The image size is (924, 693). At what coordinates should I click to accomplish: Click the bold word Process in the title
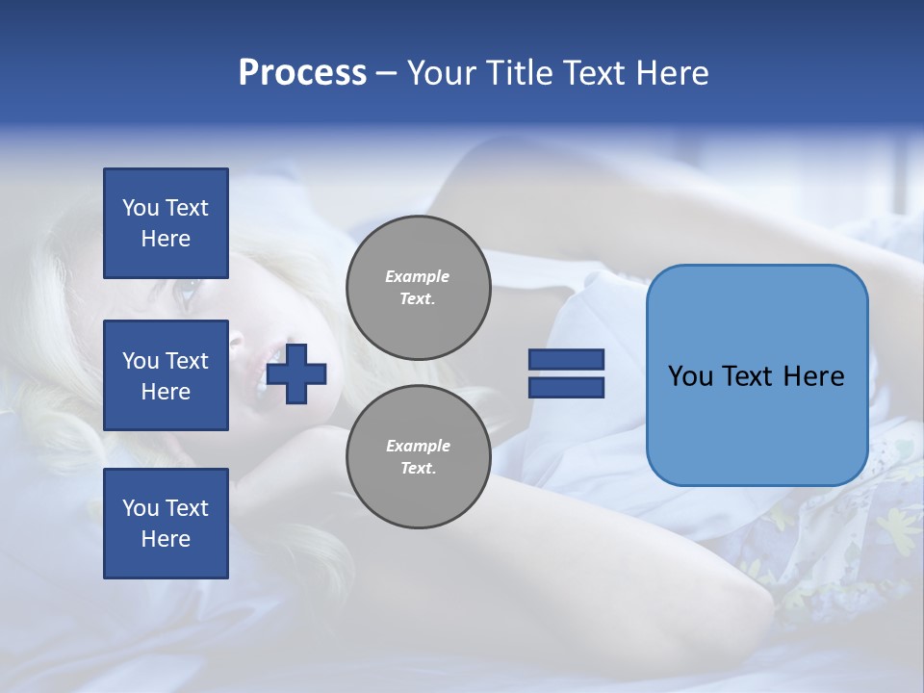[302, 73]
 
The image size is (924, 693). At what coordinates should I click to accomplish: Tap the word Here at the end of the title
[673, 73]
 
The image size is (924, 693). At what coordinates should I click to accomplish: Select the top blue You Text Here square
[166, 223]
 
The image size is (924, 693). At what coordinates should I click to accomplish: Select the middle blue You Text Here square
[166, 375]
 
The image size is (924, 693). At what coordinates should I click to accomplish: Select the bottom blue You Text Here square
[166, 524]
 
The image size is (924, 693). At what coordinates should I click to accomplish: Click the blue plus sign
[296, 372]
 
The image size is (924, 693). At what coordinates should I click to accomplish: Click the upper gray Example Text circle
[419, 288]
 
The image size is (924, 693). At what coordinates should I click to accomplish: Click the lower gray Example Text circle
[419, 457]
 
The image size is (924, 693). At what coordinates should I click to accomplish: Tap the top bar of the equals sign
[566, 359]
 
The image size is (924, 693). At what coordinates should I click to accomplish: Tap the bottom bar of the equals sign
[566, 387]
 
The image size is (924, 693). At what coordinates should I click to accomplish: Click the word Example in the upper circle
[418, 276]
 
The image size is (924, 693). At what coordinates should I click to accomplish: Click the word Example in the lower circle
[418, 446]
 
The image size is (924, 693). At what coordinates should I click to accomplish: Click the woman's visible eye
[189, 287]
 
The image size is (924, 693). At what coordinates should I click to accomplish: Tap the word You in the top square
[140, 208]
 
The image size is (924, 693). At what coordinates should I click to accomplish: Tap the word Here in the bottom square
[166, 539]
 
